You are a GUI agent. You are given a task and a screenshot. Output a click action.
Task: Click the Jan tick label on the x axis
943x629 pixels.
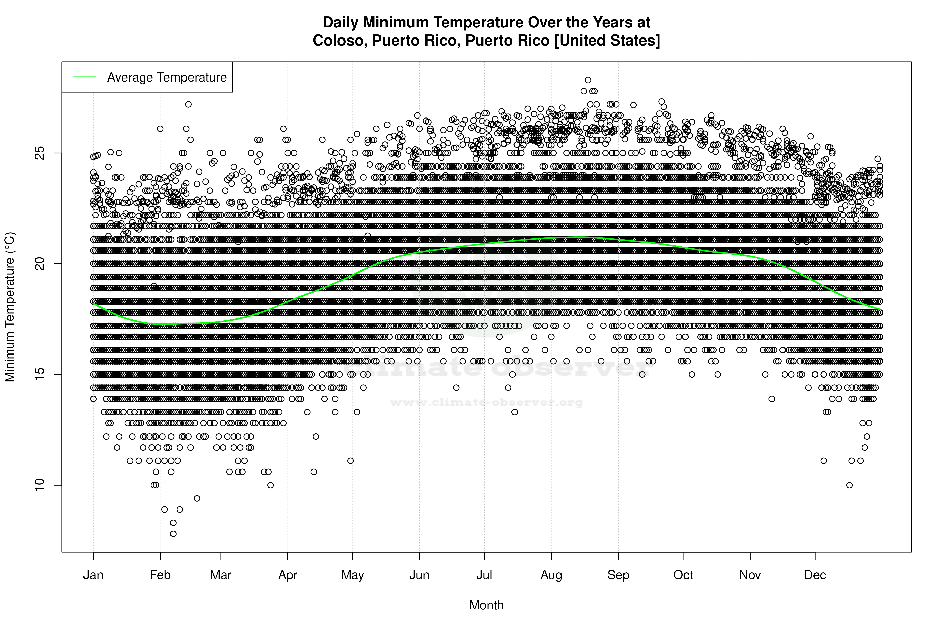[x=93, y=575]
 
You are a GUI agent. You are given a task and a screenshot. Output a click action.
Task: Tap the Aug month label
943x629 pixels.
[x=551, y=575]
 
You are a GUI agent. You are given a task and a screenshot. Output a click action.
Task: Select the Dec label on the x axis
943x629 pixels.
[x=815, y=575]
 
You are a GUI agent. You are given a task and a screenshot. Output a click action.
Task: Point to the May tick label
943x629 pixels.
[x=352, y=575]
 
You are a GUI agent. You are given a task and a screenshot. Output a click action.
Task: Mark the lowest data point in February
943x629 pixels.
[x=173, y=534]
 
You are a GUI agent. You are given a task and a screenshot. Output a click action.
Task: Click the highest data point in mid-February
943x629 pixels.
[x=188, y=104]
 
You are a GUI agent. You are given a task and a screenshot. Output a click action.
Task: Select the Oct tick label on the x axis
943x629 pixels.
[x=683, y=575]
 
